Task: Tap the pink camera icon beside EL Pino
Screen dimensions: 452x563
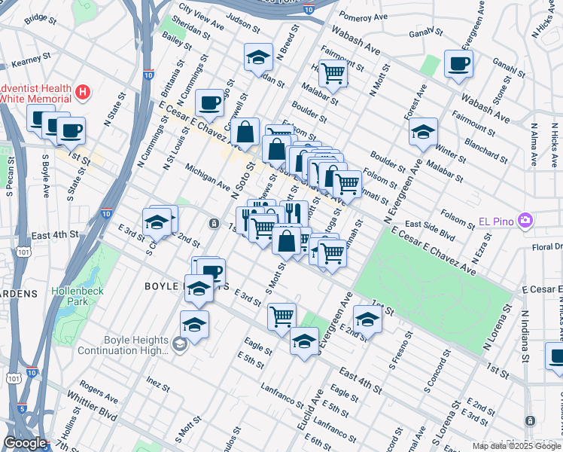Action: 525,221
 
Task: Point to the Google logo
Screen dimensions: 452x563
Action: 25,444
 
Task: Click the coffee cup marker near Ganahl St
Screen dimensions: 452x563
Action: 458,64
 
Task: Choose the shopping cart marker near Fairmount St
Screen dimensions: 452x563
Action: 332,73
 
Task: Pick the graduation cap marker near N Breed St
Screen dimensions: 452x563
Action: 258,57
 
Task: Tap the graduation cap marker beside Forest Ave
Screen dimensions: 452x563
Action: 424,132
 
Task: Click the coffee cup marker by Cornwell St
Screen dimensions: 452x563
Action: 209,102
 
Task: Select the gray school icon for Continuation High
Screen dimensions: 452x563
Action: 179,345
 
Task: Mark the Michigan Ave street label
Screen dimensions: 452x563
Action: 208,177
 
